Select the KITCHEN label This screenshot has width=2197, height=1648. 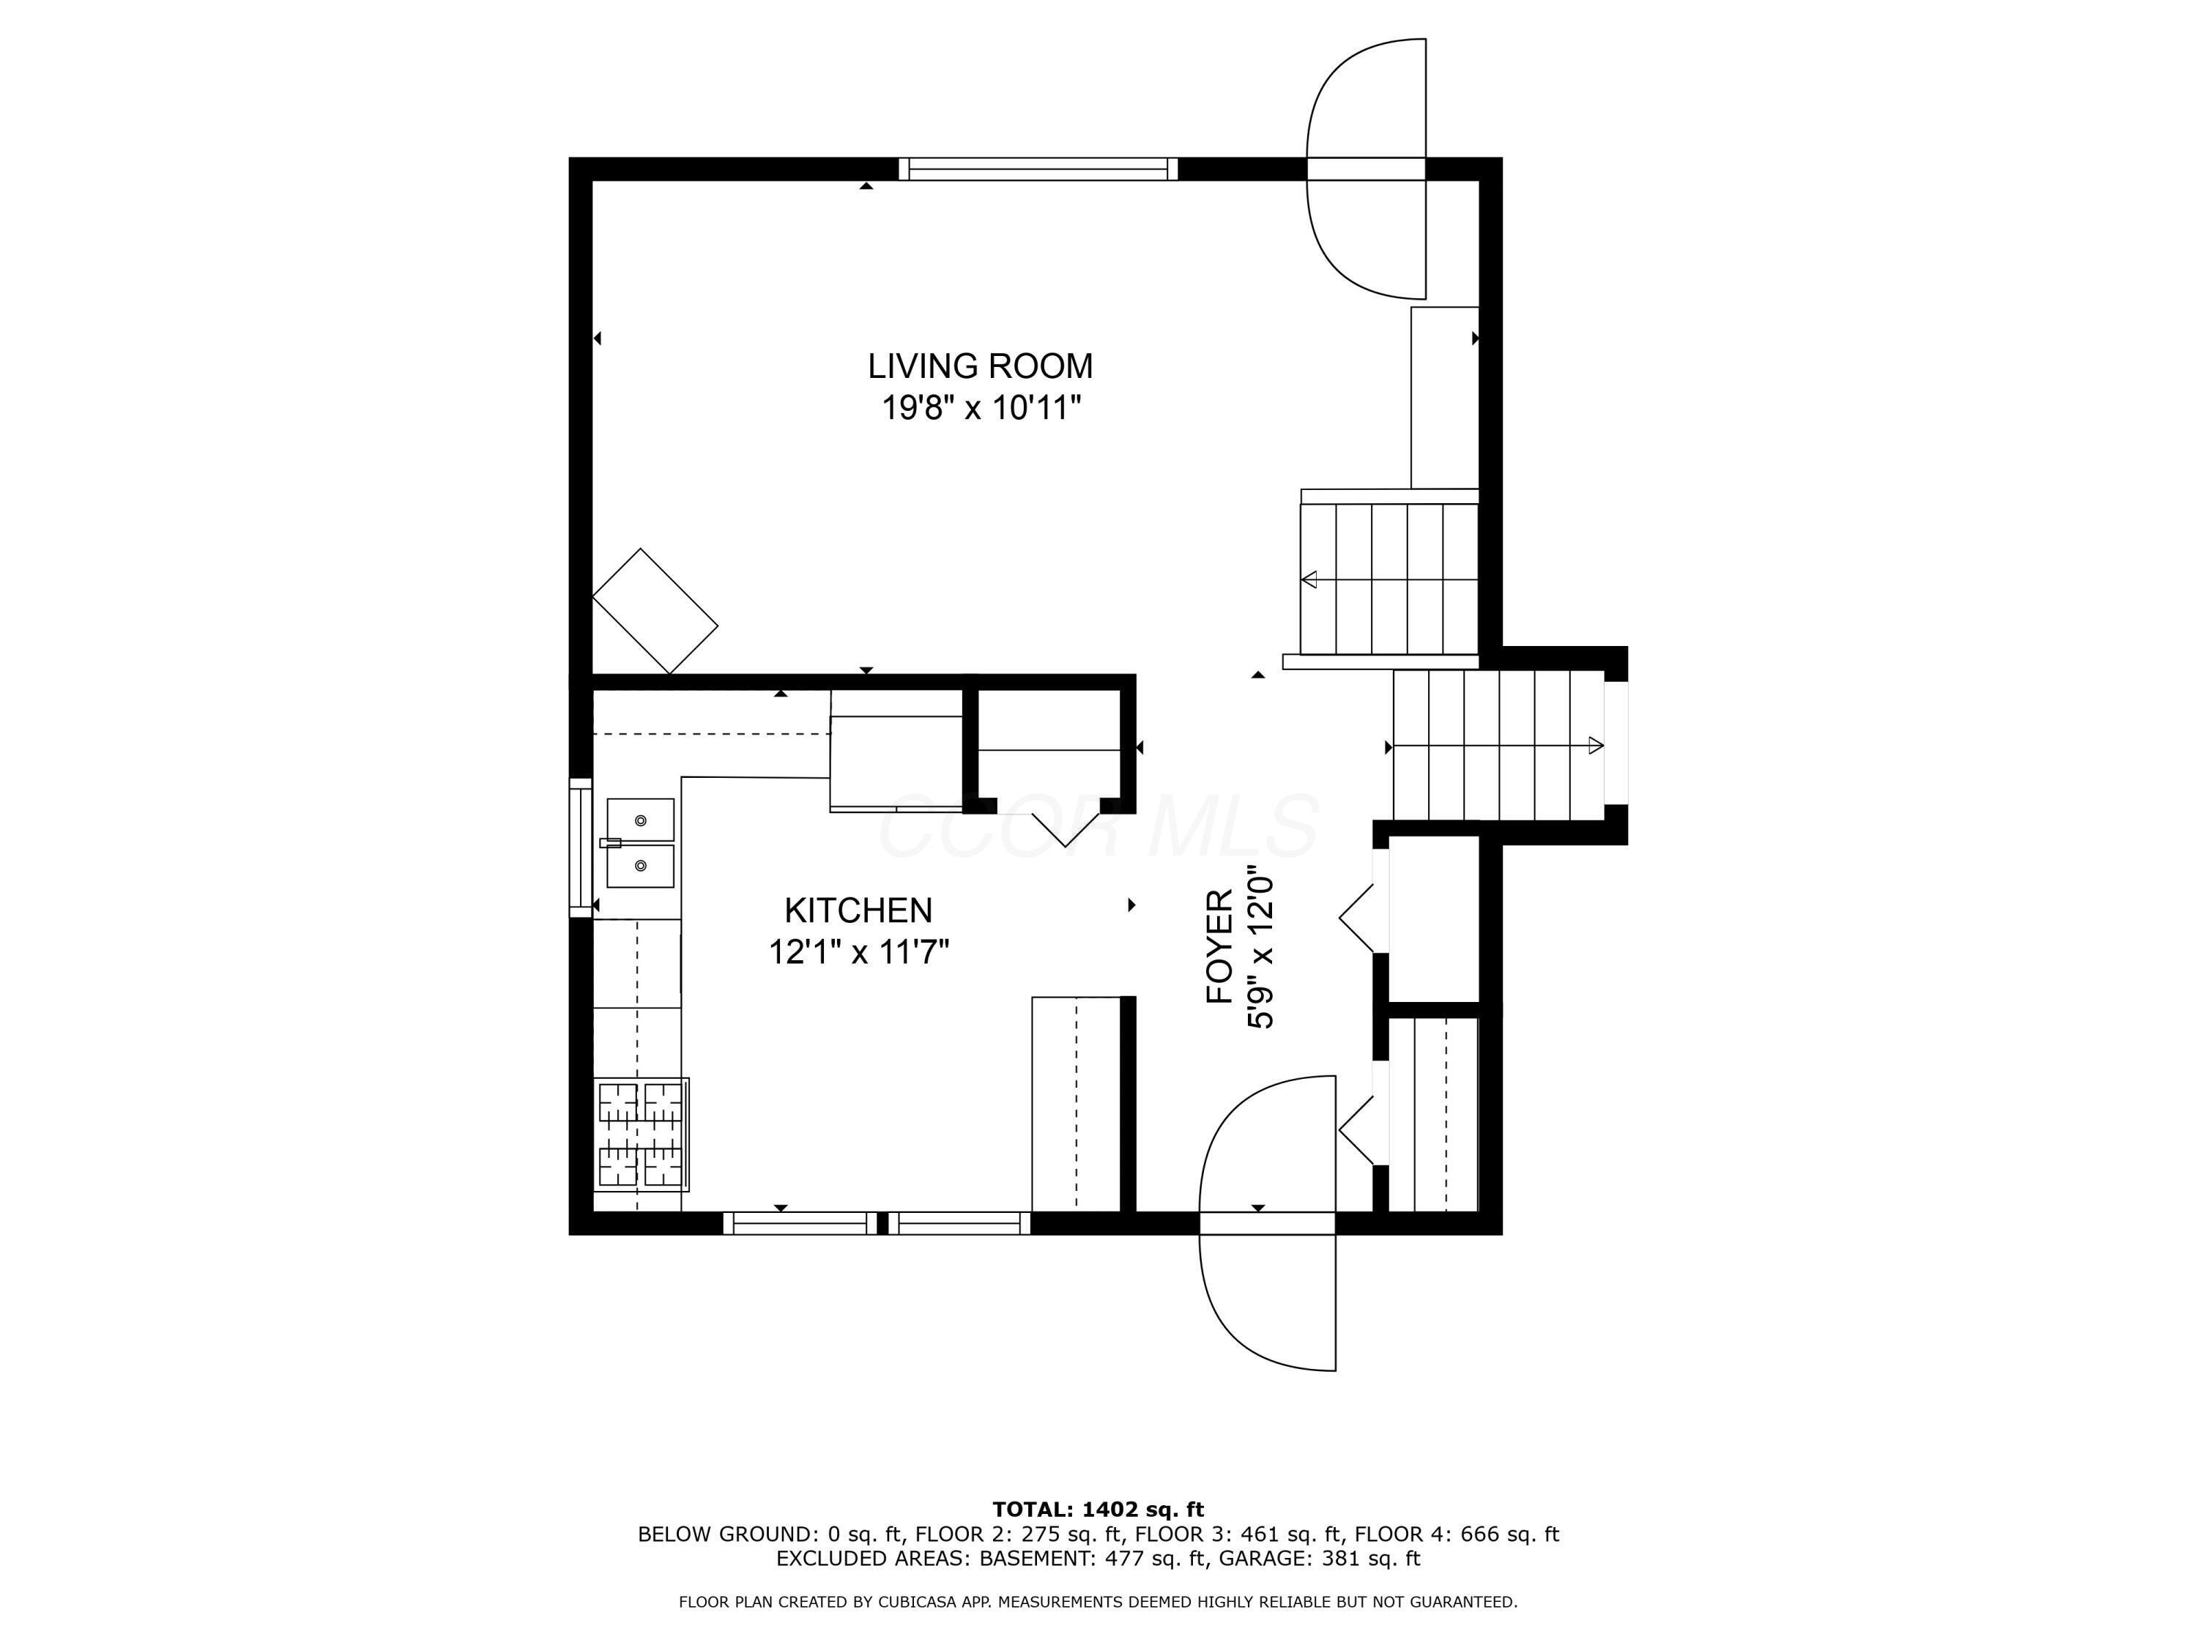(x=858, y=910)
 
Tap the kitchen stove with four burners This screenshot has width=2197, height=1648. (x=642, y=1135)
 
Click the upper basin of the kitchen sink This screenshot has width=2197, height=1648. (x=641, y=820)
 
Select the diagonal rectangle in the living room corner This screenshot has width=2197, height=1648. (x=655, y=611)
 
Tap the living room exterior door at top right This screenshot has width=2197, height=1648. (x=1367, y=169)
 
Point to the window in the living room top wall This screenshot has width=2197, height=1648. (x=1038, y=169)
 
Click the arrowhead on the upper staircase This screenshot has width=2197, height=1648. (x=1310, y=579)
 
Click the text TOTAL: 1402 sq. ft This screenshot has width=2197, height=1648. (x=1098, y=1510)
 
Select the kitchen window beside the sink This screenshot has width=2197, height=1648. (x=580, y=848)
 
